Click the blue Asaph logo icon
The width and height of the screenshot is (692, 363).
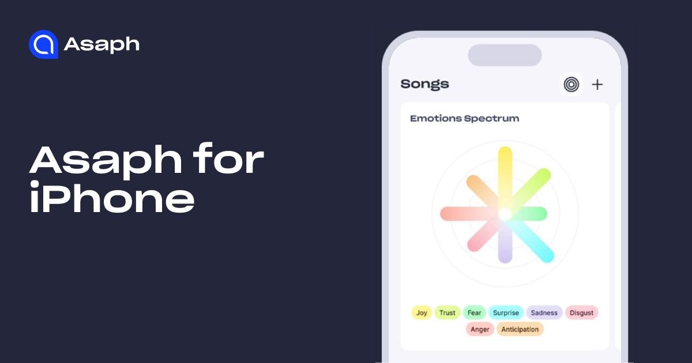click(43, 44)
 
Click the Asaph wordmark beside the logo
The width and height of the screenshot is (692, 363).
click(101, 45)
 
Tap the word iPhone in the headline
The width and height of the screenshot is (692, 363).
click(112, 198)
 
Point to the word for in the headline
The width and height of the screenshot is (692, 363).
click(228, 158)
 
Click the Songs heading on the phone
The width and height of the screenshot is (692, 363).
click(425, 84)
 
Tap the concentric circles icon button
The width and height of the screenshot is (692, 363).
click(571, 85)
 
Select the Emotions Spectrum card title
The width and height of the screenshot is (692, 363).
click(465, 119)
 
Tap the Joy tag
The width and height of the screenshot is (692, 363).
click(422, 313)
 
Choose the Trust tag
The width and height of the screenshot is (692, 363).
click(447, 313)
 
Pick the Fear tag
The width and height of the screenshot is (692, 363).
click(474, 313)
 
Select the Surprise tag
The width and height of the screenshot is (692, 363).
click(506, 313)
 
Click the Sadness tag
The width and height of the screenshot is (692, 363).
click(544, 313)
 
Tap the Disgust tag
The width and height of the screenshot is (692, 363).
click(581, 313)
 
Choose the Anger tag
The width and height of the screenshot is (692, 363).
click(480, 330)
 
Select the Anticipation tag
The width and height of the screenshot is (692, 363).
click(520, 330)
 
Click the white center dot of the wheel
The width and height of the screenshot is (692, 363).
click(505, 214)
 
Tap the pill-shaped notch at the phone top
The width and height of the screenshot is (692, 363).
click(505, 55)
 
